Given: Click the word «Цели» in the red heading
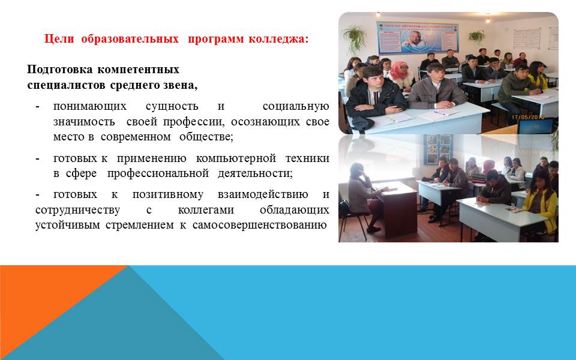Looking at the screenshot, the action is pos(59,39).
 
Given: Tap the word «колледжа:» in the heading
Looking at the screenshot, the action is pos(278,39).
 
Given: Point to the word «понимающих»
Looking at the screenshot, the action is pos(90,107).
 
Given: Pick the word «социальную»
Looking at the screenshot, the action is pos(296,107).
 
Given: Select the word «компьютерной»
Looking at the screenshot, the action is pos(236,158).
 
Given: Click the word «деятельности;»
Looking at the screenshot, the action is pos(255,173).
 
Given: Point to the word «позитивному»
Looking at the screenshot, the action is pos(168,194).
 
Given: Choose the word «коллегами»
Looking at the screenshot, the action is pos(206,210).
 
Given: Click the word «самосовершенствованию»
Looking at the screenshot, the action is pos(259,225).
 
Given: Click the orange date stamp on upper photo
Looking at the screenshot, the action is pos(527,117).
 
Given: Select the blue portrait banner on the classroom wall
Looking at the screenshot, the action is pos(418,37).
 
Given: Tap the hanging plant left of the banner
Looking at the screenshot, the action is pos(355,37).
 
